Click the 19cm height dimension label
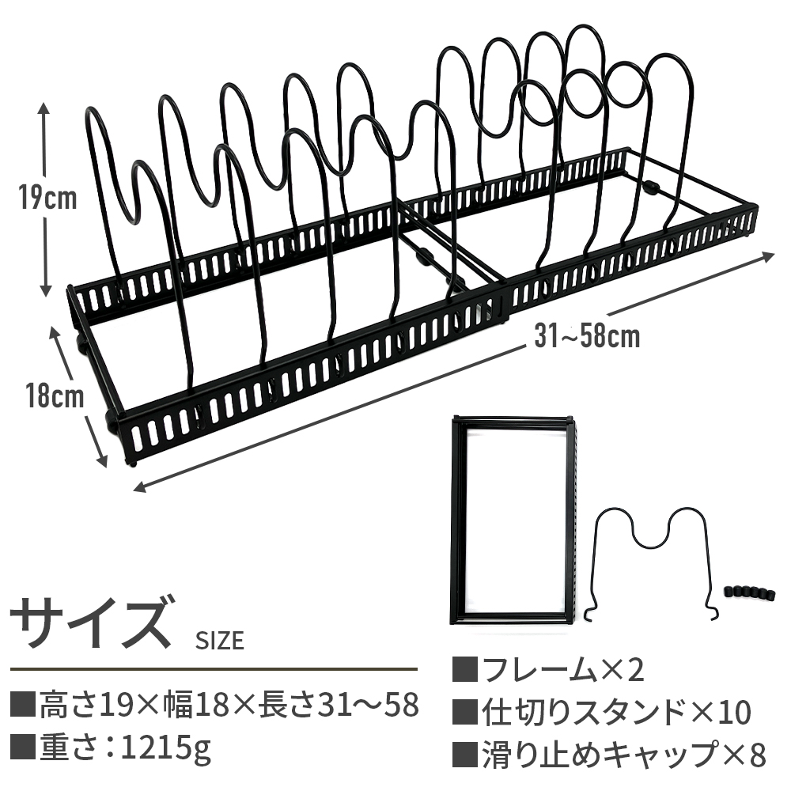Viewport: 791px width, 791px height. [48, 198]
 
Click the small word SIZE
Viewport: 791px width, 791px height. [219, 640]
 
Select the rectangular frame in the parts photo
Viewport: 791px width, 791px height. [513, 520]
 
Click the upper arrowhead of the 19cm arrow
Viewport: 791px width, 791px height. [45, 107]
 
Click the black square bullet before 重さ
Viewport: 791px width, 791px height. [24, 746]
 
